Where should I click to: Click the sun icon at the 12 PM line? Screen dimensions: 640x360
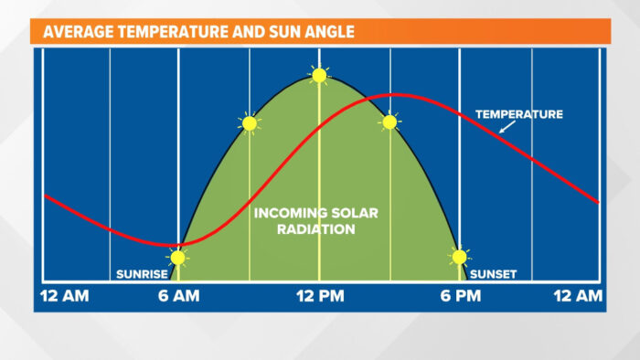(319, 75)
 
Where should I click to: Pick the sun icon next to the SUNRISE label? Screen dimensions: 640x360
(178, 258)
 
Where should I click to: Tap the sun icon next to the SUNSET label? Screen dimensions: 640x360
(460, 257)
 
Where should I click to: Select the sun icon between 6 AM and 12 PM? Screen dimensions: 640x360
(250, 123)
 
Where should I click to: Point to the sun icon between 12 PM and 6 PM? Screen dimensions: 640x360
(389, 122)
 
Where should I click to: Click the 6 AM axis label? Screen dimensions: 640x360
(179, 296)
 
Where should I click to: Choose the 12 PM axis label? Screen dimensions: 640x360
(320, 296)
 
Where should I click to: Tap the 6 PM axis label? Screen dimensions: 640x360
(461, 296)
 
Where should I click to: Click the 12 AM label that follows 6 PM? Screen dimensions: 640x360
(578, 296)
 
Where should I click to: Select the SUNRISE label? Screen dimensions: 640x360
(142, 274)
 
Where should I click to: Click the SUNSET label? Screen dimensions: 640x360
(493, 274)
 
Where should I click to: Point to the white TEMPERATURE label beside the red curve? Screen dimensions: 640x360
(519, 114)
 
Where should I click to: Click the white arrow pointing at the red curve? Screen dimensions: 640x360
(507, 127)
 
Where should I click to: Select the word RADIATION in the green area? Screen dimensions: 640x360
(316, 229)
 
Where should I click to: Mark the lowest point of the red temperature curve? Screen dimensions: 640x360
(174, 246)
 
